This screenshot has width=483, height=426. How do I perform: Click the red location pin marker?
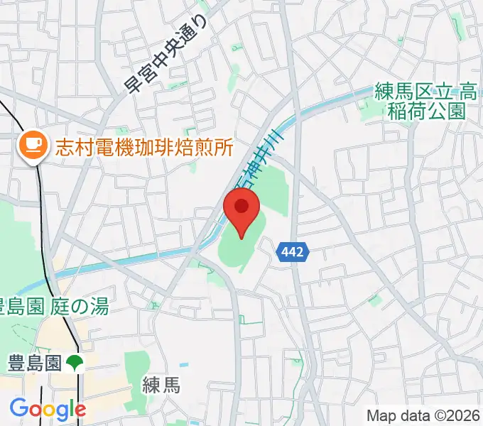tap(241, 212)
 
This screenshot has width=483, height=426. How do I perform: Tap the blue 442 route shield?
tap(293, 252)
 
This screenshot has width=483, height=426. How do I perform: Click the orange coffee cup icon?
tap(31, 147)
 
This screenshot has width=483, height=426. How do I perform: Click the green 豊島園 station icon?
tap(75, 364)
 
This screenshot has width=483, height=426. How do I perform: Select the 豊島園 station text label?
tap(33, 364)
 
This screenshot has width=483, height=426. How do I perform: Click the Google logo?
tap(48, 409)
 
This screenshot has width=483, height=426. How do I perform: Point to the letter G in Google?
tap(19, 408)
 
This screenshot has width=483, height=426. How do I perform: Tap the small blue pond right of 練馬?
tap(185, 365)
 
